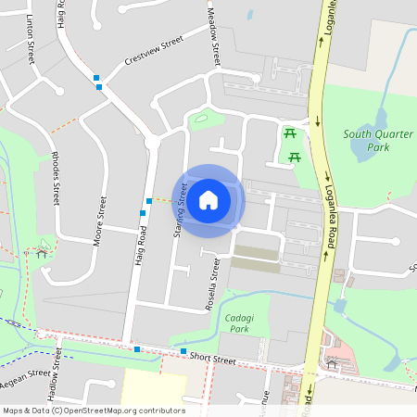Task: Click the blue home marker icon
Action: (208, 199)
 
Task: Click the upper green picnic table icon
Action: (290, 134)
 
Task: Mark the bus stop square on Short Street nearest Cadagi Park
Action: (184, 351)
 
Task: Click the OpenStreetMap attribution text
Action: (94, 410)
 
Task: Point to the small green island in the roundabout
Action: (200, 118)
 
